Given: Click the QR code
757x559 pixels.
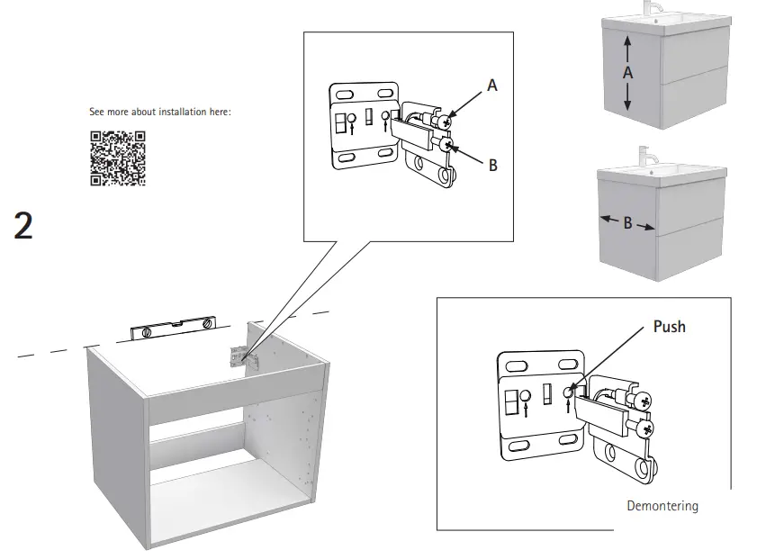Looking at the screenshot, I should coord(117,158).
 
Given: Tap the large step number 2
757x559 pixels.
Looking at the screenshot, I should coord(24,226).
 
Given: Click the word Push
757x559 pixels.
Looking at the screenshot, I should coord(669,326).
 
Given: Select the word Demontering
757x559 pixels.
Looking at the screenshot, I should coord(662,506).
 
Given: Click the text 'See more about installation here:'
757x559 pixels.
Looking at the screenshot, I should coord(160,113).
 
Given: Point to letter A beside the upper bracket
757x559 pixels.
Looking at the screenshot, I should coord(492,85).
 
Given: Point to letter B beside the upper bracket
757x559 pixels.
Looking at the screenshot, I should coord(493,166).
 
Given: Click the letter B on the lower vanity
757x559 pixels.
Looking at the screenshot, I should coord(627,223).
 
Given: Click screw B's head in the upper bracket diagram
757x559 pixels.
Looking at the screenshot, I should coord(447,145).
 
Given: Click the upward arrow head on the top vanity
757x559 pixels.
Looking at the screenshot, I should coord(628,41).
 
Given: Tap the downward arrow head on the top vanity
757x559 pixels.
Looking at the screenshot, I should coord(628,105).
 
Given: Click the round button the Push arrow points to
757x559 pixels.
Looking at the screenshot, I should coord(568,391).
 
